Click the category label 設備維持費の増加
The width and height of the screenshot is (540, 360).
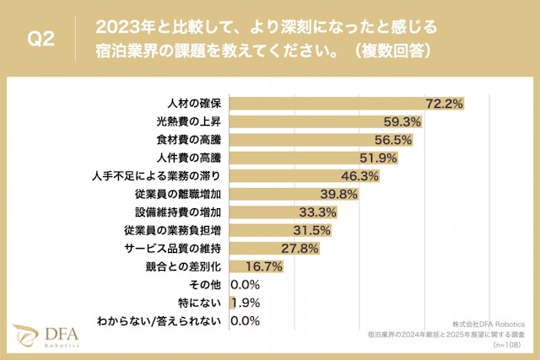click(180, 212)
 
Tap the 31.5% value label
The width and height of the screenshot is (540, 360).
click(311, 230)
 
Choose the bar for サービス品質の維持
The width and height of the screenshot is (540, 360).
click(262, 248)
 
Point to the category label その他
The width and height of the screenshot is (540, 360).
click(206, 284)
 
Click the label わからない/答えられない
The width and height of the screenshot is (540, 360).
click(159, 320)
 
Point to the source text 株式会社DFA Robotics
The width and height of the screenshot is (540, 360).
click(489, 323)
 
